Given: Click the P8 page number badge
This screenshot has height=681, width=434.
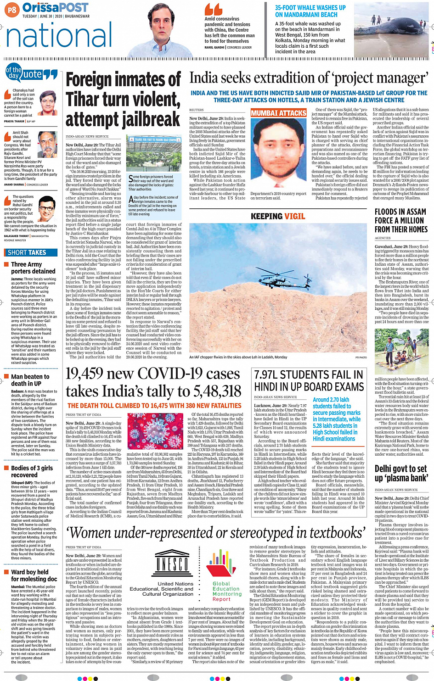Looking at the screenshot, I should click(12, 9).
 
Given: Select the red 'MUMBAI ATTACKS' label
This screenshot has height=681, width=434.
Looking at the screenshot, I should click(278, 113).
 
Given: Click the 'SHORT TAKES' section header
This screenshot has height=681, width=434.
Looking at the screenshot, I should click(27, 252).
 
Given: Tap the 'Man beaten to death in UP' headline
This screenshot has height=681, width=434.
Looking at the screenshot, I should click(27, 380).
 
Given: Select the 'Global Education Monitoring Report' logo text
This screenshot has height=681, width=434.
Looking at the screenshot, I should click(227, 591).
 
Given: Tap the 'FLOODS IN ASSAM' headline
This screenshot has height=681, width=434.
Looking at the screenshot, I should click(400, 212).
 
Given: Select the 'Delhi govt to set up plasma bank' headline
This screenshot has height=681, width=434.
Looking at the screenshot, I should click(400, 473).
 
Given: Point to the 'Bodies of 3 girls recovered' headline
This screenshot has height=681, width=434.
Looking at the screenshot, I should click(32, 471).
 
